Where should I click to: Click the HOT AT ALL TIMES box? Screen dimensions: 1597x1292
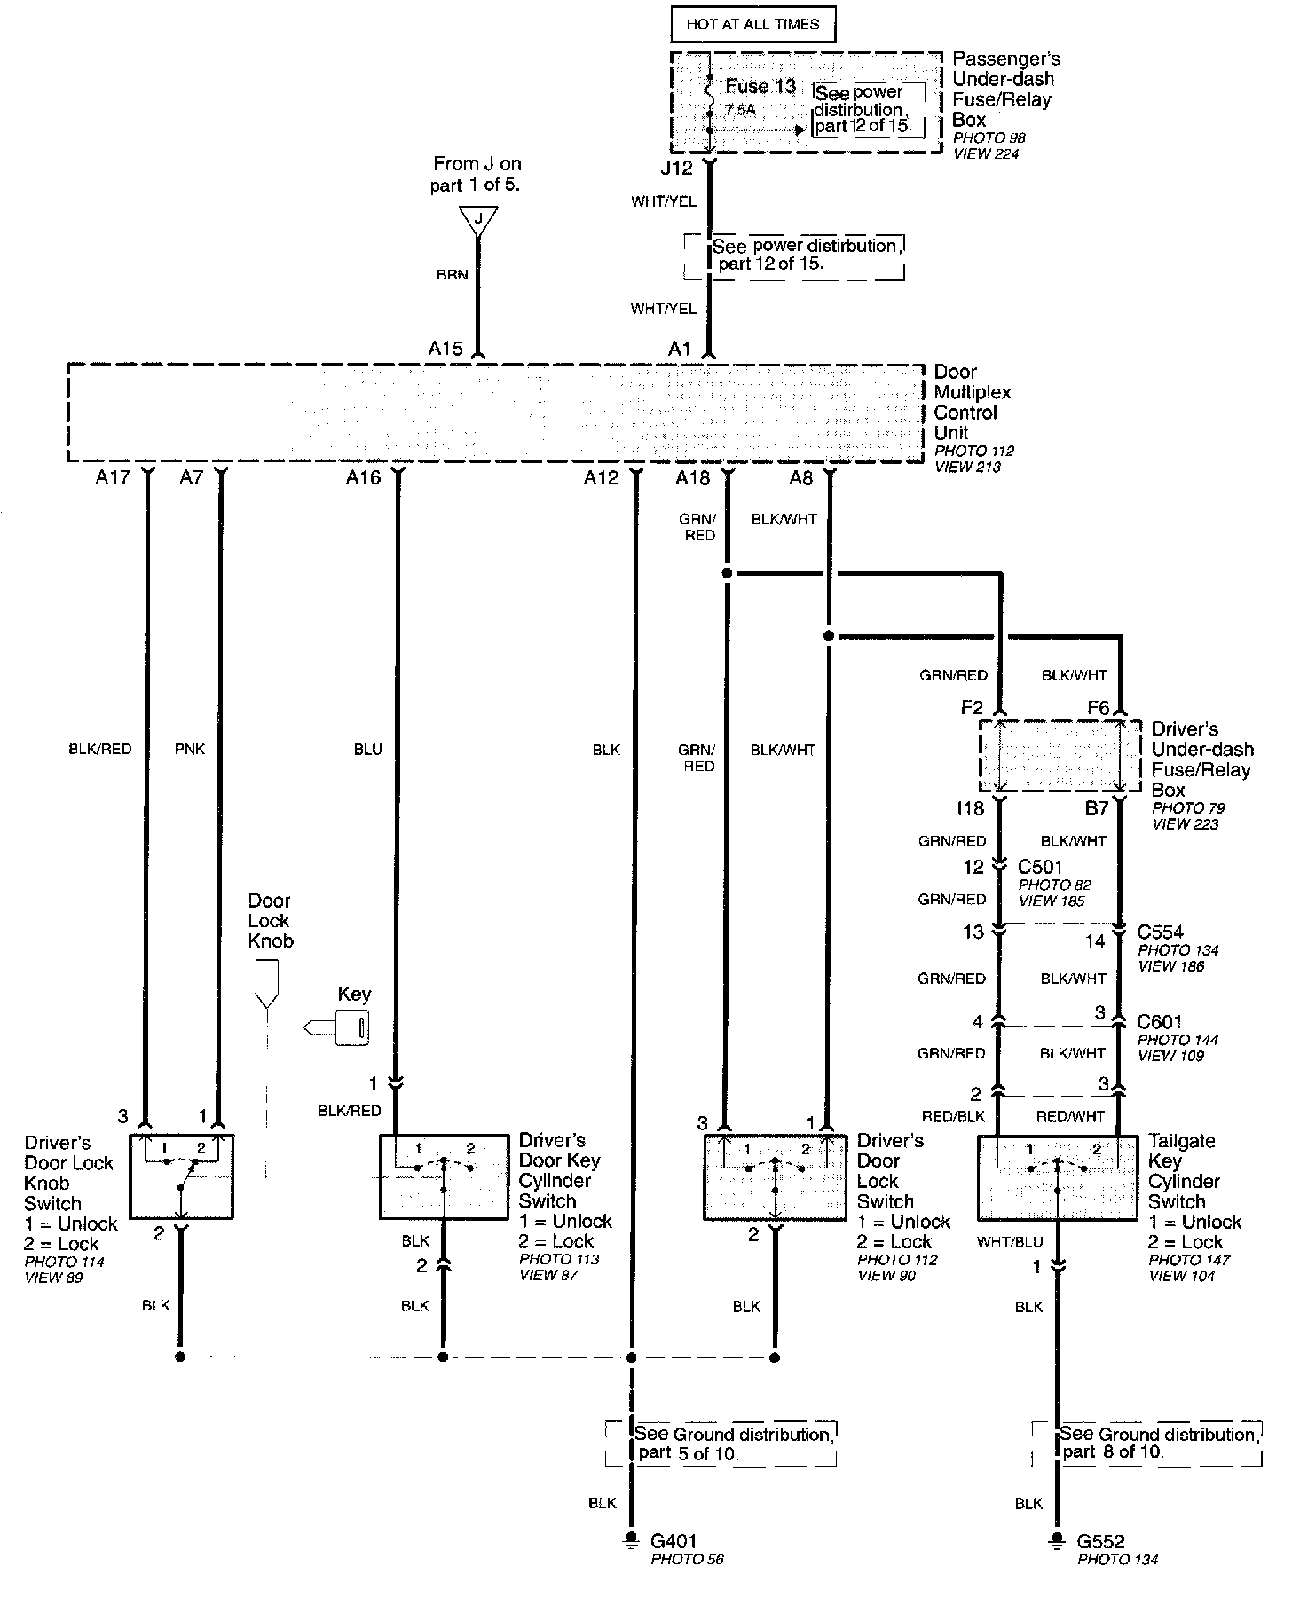(x=752, y=24)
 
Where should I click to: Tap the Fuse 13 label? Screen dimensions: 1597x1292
(x=760, y=86)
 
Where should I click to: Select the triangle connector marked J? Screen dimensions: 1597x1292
(x=478, y=219)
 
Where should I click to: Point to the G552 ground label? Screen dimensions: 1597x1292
(x=1101, y=1541)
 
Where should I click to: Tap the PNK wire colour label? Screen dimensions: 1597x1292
(x=190, y=749)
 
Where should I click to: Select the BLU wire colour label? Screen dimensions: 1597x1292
(x=367, y=750)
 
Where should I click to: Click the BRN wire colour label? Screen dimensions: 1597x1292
(x=452, y=275)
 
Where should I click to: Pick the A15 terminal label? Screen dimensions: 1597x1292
(x=445, y=349)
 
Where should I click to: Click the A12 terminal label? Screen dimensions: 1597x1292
(x=601, y=478)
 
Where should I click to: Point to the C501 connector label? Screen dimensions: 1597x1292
(x=1040, y=867)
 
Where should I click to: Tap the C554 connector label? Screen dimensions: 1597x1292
(x=1160, y=932)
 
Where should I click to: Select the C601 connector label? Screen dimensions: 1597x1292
(x=1160, y=1022)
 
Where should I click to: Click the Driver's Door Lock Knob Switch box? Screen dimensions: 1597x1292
(x=181, y=1176)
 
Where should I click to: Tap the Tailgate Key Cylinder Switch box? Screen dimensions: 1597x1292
(x=1058, y=1177)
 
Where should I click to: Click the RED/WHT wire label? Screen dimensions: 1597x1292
(x=1070, y=1117)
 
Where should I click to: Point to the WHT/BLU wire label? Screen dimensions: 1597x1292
(x=1009, y=1241)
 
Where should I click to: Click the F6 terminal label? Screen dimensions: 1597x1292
(x=1099, y=707)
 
